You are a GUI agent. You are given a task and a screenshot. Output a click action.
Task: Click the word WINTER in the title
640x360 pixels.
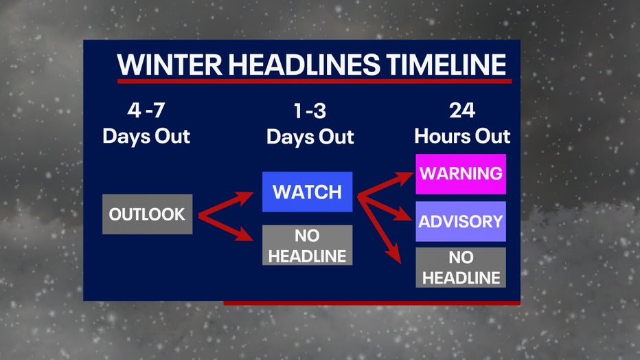(170, 65)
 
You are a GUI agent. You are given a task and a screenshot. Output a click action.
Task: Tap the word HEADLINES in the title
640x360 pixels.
(304, 65)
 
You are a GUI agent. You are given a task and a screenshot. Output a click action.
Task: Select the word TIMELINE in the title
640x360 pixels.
(446, 65)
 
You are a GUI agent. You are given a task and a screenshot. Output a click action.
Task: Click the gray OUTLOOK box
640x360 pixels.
(148, 214)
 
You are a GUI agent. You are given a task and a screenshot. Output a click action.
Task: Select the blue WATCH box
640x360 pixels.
(308, 192)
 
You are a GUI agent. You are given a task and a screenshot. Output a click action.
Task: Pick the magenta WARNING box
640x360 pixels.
(461, 174)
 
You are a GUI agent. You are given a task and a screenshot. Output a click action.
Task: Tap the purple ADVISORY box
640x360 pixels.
(461, 221)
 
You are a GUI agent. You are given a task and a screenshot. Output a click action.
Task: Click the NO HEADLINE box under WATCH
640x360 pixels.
(308, 245)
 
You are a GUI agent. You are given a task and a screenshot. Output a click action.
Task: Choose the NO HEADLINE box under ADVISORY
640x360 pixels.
(461, 267)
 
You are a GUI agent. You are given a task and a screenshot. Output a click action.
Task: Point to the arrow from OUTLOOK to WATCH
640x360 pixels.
(226, 203)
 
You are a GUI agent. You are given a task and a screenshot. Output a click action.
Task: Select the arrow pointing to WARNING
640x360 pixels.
(386, 185)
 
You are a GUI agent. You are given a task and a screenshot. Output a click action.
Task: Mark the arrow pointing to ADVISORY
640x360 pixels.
(385, 207)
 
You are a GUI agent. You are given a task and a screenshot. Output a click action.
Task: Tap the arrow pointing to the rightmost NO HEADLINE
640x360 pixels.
(380, 229)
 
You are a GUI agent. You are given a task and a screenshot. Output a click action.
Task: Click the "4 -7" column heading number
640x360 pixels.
(146, 110)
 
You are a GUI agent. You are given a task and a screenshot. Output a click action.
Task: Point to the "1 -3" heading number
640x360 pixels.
(310, 111)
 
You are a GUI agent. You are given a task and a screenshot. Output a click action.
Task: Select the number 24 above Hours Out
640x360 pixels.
(462, 110)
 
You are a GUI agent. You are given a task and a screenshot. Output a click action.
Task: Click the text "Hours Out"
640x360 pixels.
(462, 136)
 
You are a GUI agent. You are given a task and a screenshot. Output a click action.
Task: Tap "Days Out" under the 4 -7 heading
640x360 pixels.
(146, 137)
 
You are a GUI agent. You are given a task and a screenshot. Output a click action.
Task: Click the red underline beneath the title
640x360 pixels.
(315, 81)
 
